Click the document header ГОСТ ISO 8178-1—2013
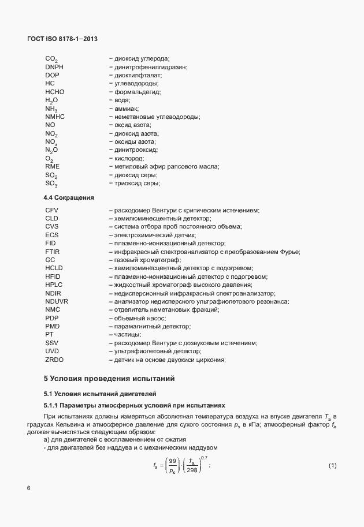[x=63, y=39]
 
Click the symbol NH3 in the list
[x=51, y=109]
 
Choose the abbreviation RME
[x=52, y=166]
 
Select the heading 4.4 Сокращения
[x=69, y=197]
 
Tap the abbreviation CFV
[x=52, y=210]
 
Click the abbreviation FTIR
[x=53, y=252]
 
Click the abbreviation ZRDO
[x=54, y=360]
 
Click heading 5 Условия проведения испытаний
[x=109, y=379]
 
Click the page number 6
[x=29, y=488]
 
